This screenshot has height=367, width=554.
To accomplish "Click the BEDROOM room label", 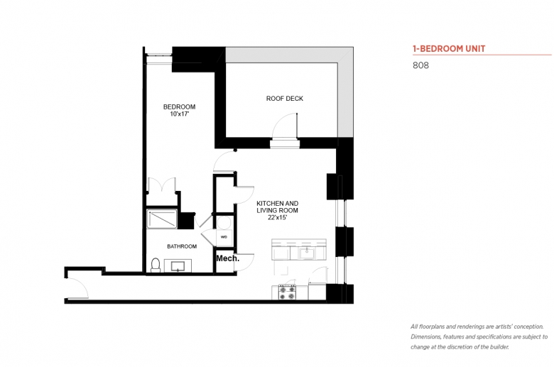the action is (x=179, y=106).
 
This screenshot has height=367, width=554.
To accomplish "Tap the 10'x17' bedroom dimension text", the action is (x=180, y=114).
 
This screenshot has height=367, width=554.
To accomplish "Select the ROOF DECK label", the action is (x=285, y=99).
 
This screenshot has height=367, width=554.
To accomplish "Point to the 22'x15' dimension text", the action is (x=277, y=218).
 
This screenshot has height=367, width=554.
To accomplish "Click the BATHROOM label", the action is (x=182, y=246).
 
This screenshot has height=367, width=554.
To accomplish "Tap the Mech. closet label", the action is (x=227, y=258).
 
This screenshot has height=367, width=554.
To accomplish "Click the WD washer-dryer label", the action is (x=224, y=237).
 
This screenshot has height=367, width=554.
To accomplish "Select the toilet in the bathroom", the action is (x=156, y=265).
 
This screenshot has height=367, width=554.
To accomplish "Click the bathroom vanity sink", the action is (x=178, y=265).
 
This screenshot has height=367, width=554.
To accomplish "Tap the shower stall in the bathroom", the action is (x=162, y=219).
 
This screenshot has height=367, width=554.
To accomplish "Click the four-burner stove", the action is (x=287, y=292).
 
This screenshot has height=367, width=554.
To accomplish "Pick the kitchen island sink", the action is (x=307, y=253).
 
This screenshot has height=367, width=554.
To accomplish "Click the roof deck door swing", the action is (x=285, y=126).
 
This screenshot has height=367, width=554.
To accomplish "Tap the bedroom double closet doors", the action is (x=161, y=185).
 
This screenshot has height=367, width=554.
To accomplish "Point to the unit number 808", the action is (x=420, y=65).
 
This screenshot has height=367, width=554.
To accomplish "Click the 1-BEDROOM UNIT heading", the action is (x=449, y=49).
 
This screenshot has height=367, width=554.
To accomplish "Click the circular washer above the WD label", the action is (x=224, y=223).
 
